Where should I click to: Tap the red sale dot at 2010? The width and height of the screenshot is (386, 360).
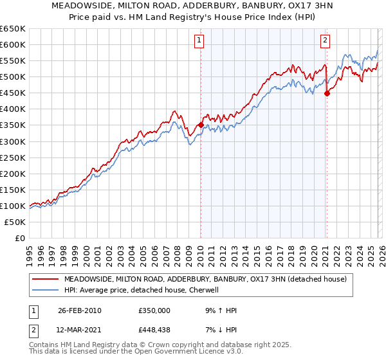[x=201, y=125]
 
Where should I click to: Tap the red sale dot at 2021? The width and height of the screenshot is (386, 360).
[x=327, y=93]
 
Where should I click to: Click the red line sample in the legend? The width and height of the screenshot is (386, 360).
[x=45, y=279]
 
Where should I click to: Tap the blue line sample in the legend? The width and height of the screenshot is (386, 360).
[x=45, y=290]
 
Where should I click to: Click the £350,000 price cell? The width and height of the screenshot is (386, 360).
[x=154, y=310]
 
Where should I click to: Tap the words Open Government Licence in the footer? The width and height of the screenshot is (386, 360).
[x=141, y=353]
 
